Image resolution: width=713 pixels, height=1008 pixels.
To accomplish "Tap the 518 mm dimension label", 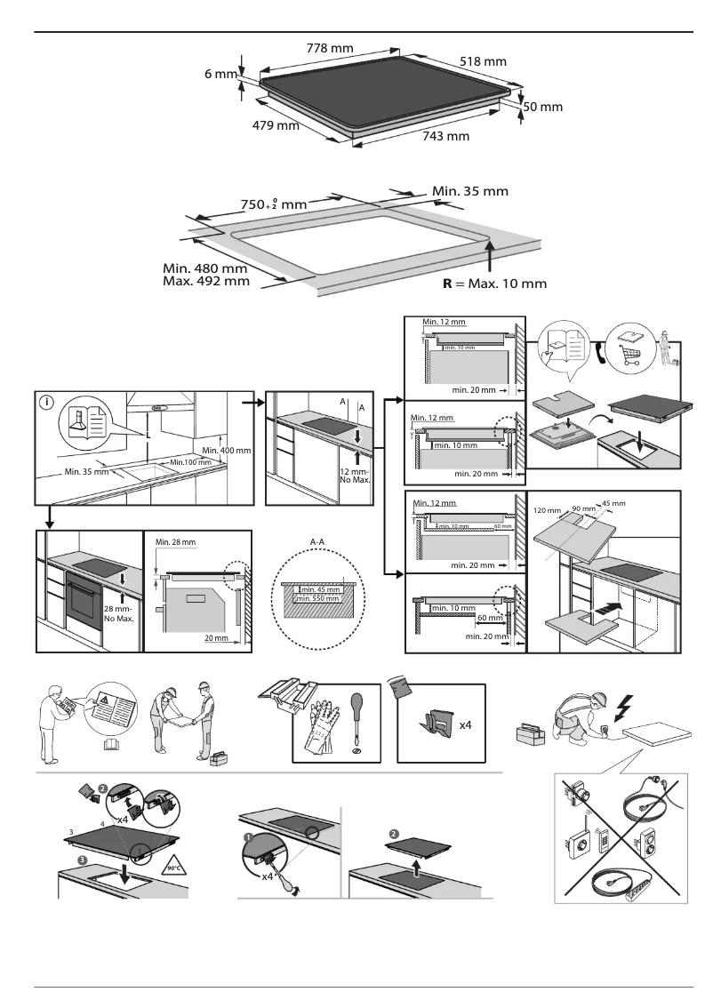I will tap(483, 61).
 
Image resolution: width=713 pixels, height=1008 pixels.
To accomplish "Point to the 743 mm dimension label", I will tap(445, 136).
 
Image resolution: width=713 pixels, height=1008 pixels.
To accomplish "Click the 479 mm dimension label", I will tap(276, 125).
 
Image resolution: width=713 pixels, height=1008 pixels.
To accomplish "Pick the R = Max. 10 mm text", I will tap(494, 284).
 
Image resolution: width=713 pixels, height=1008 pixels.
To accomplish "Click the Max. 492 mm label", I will tap(206, 281).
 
